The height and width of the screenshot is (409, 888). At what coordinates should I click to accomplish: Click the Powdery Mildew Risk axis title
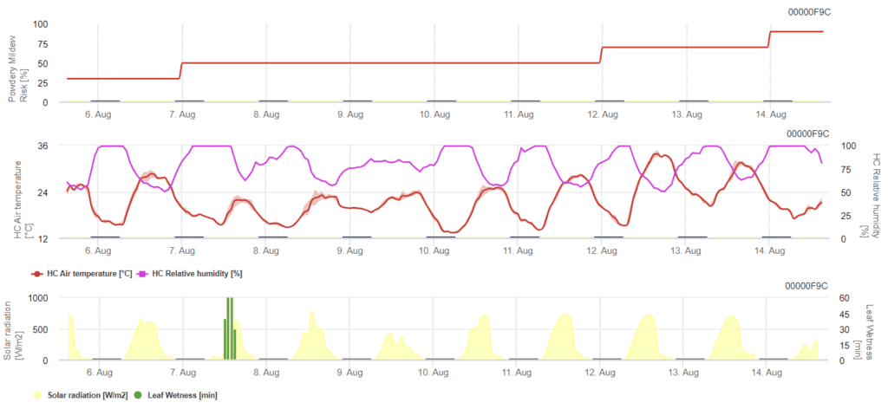(18, 63)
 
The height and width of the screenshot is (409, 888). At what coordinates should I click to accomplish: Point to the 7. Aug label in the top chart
(181, 114)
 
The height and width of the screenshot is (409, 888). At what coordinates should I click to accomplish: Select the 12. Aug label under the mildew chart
(602, 114)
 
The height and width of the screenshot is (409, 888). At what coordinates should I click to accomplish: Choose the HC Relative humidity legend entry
(192, 274)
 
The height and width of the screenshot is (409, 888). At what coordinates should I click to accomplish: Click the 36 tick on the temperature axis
(42, 146)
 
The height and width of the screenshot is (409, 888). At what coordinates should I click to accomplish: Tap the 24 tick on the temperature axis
(42, 192)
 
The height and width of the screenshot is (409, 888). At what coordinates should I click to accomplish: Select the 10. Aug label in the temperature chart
(434, 250)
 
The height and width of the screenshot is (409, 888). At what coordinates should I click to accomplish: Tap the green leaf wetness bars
(230, 329)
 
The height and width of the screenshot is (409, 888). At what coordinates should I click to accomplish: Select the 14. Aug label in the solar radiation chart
(770, 373)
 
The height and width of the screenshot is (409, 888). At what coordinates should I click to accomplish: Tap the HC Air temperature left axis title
(18, 192)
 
